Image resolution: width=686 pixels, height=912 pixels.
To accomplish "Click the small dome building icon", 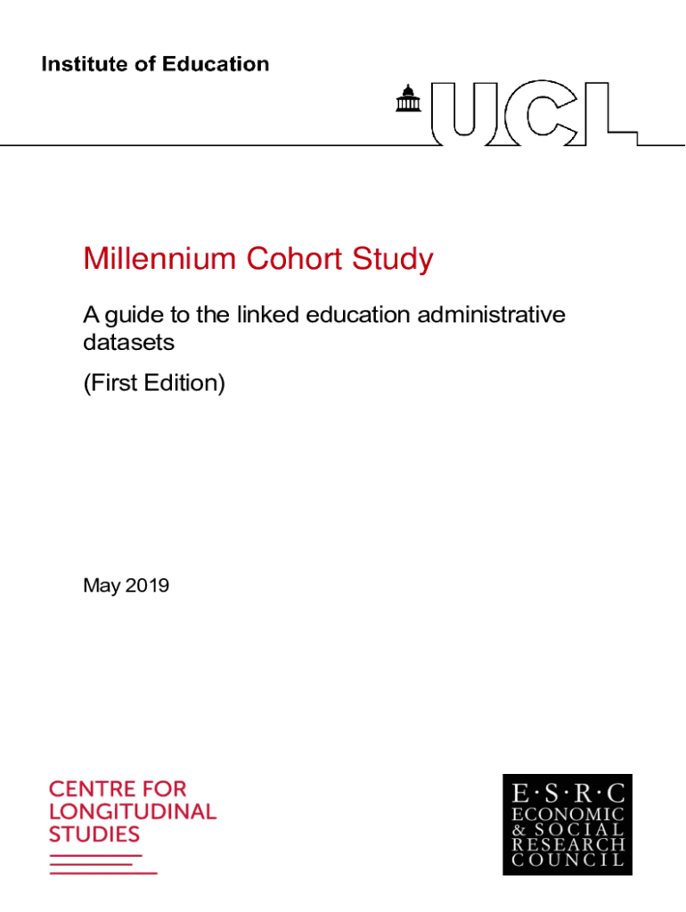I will [x=408, y=101].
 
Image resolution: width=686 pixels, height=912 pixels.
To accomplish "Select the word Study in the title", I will [x=391, y=260].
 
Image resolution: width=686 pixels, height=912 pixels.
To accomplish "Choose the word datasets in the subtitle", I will [x=128, y=342].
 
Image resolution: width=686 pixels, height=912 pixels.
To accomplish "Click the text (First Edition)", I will [x=154, y=384].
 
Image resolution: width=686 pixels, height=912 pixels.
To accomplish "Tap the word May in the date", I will [x=100, y=586].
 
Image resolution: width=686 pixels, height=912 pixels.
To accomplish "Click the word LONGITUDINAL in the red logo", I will [x=132, y=811].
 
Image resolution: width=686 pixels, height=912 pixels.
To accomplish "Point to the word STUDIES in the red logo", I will [x=94, y=835].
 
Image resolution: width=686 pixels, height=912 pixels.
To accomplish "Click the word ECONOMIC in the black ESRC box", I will [x=568, y=815].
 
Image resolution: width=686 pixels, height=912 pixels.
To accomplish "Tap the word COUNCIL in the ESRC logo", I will [x=568, y=861].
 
